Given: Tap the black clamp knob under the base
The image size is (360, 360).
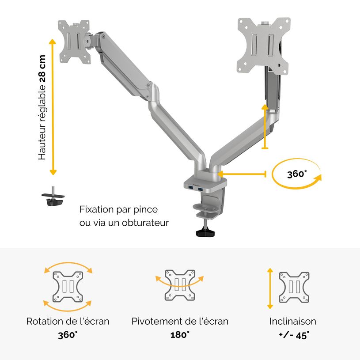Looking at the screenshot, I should (x=204, y=231).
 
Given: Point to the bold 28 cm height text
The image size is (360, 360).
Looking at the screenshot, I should (x=42, y=68).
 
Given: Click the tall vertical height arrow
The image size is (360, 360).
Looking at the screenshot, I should (x=53, y=106).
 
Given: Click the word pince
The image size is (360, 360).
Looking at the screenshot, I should (x=146, y=209).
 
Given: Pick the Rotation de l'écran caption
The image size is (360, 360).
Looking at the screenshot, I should (x=68, y=321).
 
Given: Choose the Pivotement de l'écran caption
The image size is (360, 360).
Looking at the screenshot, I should (x=180, y=321).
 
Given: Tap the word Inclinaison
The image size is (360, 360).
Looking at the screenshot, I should (x=293, y=321).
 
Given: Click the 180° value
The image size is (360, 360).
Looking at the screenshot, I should (x=180, y=334).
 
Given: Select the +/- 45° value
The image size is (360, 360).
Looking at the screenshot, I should (x=294, y=334).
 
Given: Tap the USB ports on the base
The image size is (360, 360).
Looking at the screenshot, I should (x=197, y=189).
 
